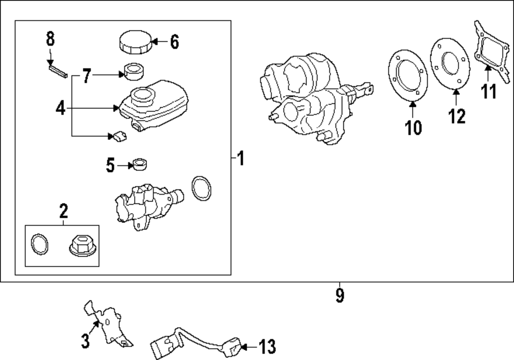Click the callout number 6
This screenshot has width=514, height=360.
[x=174, y=42]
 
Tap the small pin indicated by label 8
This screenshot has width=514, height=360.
[x=57, y=70]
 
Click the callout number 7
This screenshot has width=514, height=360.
[x=86, y=77]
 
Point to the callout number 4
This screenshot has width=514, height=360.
[x=61, y=108]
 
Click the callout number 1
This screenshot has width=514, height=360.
[x=241, y=159]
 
